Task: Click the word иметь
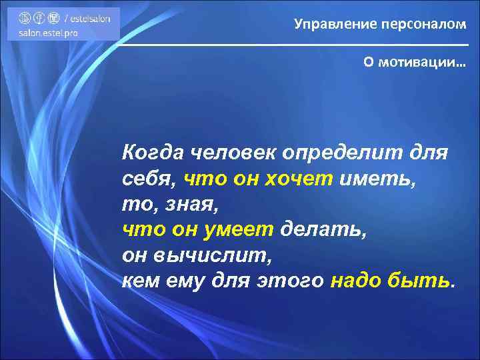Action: (379, 179)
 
